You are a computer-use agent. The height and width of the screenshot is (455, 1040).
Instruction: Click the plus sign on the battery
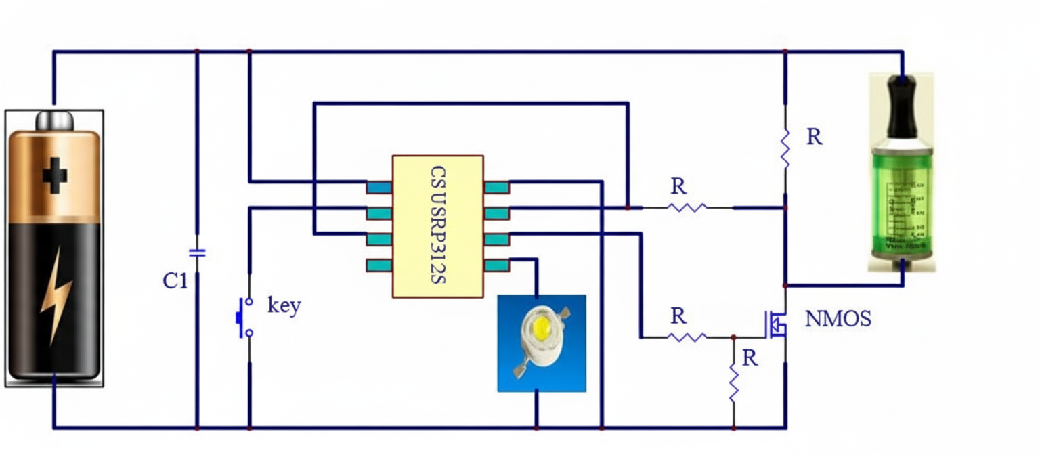[55, 177]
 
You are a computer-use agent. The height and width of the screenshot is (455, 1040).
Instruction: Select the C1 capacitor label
[175, 281]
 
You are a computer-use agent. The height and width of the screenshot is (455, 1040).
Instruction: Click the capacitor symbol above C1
[197, 253]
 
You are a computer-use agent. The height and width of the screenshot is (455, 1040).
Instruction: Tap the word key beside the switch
[284, 305]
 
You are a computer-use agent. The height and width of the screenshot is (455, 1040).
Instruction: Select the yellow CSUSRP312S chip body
[438, 225]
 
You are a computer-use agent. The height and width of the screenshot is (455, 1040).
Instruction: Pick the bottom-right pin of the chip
[496, 265]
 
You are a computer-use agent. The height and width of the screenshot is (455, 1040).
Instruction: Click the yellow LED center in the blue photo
[541, 330]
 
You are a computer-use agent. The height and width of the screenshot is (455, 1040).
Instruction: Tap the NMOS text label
[838, 320]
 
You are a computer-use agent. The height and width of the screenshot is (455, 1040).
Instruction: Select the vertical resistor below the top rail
[785, 150]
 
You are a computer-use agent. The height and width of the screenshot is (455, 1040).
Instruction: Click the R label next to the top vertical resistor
[815, 137]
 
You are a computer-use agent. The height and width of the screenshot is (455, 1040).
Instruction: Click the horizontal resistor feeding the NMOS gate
[687, 336]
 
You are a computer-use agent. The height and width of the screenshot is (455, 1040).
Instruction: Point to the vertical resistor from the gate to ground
[733, 382]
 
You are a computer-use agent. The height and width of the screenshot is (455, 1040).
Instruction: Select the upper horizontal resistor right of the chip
[687, 207]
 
